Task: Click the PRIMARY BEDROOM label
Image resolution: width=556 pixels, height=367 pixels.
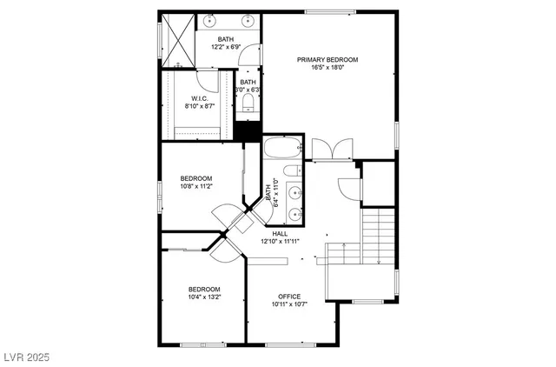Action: (x=328, y=60)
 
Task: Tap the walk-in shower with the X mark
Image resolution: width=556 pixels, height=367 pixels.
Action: (x=177, y=41)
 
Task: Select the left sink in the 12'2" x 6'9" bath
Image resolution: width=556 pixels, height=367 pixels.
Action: (x=211, y=19)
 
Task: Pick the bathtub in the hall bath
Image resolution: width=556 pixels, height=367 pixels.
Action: (x=282, y=149)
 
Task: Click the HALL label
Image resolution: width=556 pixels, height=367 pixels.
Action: (x=280, y=233)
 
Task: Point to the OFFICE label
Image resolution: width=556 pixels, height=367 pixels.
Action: (x=289, y=296)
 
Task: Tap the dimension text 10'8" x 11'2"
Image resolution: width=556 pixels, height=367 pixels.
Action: (x=196, y=185)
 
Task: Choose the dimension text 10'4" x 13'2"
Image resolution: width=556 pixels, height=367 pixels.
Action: (x=204, y=297)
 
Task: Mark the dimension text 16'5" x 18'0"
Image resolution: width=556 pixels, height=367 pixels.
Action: (x=328, y=68)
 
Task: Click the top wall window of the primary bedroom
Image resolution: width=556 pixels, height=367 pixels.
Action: (x=330, y=11)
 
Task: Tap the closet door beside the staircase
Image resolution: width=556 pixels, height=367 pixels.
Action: (x=347, y=186)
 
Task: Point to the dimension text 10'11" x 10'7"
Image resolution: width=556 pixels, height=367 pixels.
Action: (x=289, y=304)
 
